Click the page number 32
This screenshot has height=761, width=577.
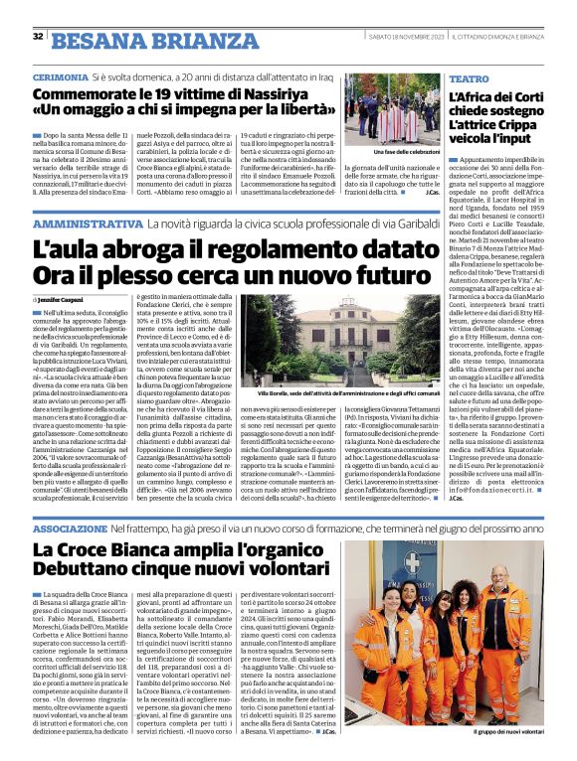(x=38, y=37)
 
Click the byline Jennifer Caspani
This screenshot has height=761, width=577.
(x=63, y=298)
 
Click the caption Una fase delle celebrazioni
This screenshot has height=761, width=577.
(x=406, y=151)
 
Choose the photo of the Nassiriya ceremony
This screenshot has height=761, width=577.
(x=405, y=108)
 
